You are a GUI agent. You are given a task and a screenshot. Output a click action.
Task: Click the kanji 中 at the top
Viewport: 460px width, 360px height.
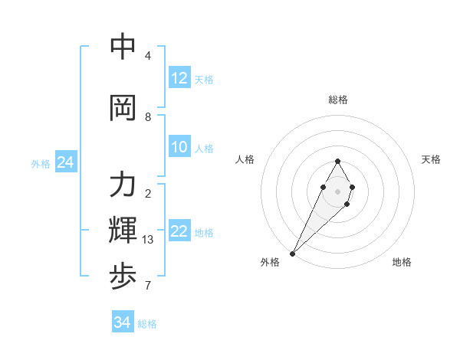123,47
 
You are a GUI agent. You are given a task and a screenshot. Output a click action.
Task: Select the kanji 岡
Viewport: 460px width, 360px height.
123,108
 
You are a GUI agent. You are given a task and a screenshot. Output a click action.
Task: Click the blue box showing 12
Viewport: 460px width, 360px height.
179,78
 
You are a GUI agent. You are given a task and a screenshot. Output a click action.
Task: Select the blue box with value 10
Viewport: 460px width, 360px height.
179,147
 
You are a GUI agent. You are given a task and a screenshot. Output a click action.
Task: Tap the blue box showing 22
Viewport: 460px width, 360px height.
179,231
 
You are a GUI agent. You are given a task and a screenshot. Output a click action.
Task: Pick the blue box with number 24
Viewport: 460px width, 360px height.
66,162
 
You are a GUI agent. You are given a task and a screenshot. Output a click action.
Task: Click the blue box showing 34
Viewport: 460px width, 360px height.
123,322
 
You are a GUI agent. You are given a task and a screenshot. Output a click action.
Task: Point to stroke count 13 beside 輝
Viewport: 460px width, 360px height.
148,240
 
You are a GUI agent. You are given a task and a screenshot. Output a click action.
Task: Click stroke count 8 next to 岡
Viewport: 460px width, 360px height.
148,117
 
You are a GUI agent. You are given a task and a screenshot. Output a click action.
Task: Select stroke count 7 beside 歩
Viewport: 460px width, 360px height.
148,286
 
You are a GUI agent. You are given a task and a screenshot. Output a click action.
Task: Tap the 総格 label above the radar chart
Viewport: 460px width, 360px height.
338,100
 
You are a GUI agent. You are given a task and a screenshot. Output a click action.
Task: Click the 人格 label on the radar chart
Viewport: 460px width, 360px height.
245,159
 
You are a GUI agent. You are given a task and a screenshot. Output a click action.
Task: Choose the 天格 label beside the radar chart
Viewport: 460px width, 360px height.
431,159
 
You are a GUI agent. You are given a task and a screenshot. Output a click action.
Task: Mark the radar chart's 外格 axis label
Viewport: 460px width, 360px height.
270,262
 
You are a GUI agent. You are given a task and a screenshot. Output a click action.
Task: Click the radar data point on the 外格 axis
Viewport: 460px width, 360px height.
292,253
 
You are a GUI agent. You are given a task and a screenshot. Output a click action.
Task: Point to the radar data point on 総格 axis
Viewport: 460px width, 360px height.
337,161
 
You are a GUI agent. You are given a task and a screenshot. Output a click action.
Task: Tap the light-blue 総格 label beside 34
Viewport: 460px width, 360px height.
147,324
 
